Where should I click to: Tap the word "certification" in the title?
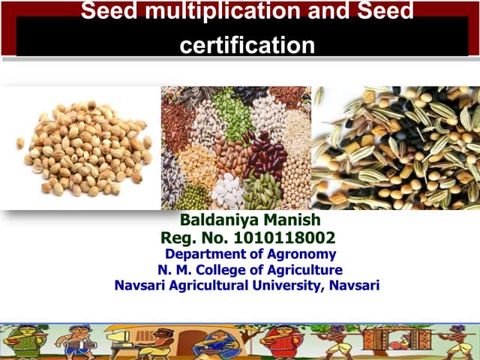[x=247, y=44]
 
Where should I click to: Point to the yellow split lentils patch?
[x=198, y=161]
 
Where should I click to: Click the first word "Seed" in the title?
[x=102, y=11]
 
